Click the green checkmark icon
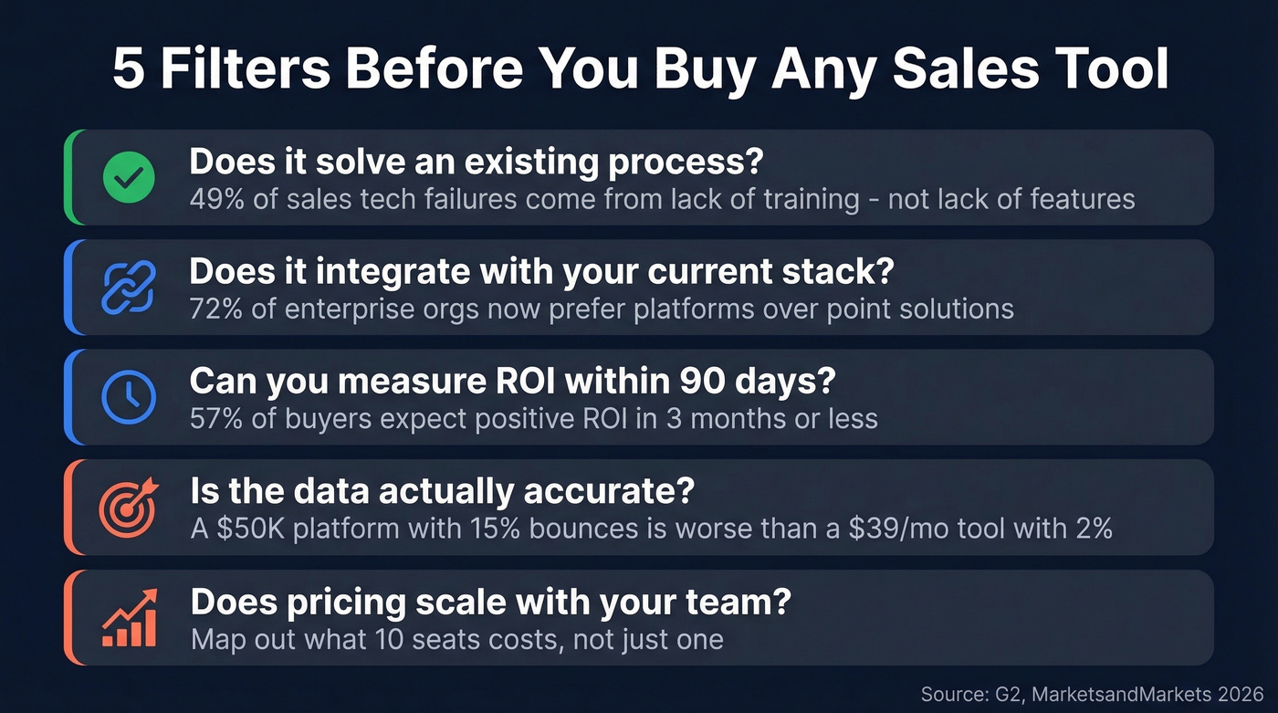(x=129, y=177)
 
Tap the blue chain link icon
(x=129, y=287)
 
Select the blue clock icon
(x=129, y=397)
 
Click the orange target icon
(x=129, y=507)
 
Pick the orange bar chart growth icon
(x=129, y=617)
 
